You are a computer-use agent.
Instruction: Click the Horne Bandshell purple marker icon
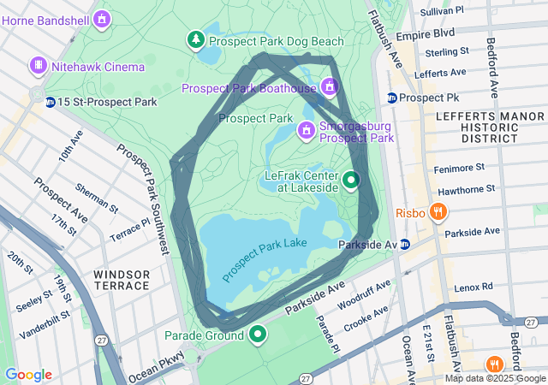[x=103, y=18]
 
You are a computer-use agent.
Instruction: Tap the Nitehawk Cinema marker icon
[x=38, y=65]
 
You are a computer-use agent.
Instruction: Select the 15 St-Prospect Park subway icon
[x=51, y=102]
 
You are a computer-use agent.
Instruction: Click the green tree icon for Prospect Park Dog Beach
[x=196, y=39]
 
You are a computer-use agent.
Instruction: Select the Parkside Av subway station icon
[x=405, y=245]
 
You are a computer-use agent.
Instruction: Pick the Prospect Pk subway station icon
[x=391, y=98]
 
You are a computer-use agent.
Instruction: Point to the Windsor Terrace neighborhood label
[x=122, y=280]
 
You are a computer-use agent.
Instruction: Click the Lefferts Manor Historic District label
[x=476, y=126]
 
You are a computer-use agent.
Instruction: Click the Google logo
[x=27, y=375]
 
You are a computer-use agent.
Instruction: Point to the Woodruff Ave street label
[x=364, y=294]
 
